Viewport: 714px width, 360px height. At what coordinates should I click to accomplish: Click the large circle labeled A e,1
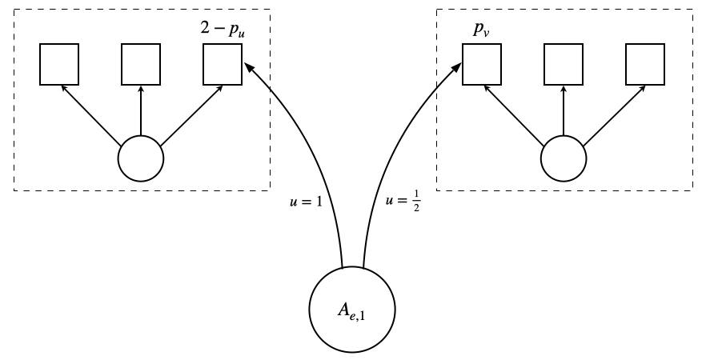click(353, 309)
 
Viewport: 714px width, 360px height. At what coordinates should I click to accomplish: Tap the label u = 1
click(305, 202)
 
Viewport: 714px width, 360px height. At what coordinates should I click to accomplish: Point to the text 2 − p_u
click(223, 30)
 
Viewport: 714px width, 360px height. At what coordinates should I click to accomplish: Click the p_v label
click(480, 30)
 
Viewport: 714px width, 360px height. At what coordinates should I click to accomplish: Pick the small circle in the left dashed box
click(141, 158)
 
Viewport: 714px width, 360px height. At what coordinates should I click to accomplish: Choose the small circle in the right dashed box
click(564, 158)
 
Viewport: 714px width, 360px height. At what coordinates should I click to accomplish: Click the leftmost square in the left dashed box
click(59, 64)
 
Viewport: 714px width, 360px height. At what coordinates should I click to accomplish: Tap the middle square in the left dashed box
click(141, 64)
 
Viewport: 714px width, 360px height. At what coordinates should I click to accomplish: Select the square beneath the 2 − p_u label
click(223, 64)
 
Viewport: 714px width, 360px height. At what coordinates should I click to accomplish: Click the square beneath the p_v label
click(482, 64)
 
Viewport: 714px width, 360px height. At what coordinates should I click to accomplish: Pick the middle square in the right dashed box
click(564, 64)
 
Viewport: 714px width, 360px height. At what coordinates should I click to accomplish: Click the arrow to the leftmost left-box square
click(91, 115)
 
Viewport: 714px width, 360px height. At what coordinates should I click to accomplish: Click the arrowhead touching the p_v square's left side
click(457, 69)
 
